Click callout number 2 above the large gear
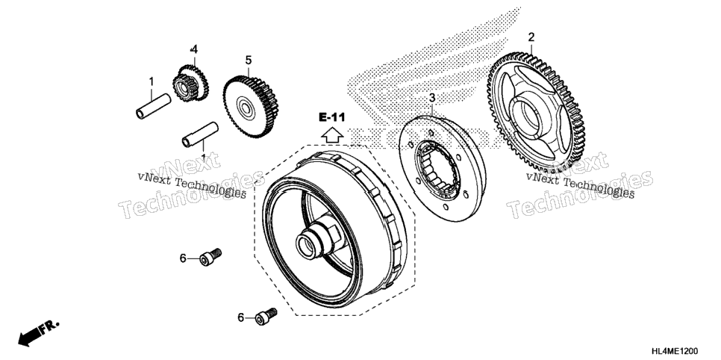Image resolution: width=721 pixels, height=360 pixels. click(x=531, y=37)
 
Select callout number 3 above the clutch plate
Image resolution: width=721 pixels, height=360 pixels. click(x=432, y=98)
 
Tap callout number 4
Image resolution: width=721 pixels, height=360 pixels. click(x=194, y=49)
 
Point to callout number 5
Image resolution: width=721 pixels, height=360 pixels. click(x=249, y=60)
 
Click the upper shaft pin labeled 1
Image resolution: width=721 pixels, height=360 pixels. click(x=154, y=106)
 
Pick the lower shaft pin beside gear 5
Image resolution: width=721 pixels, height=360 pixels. click(x=200, y=134)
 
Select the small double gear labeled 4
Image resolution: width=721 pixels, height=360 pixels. click(x=190, y=82)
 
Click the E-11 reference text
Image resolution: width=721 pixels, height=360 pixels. click(x=331, y=117)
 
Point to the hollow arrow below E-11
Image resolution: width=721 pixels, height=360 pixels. click(x=332, y=135)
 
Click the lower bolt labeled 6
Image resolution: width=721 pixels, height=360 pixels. click(x=266, y=315)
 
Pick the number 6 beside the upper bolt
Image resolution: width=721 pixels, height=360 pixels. click(x=183, y=259)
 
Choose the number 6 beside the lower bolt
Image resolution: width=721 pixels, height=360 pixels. click(x=240, y=317)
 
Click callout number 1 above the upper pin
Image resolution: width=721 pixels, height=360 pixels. click(x=151, y=82)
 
